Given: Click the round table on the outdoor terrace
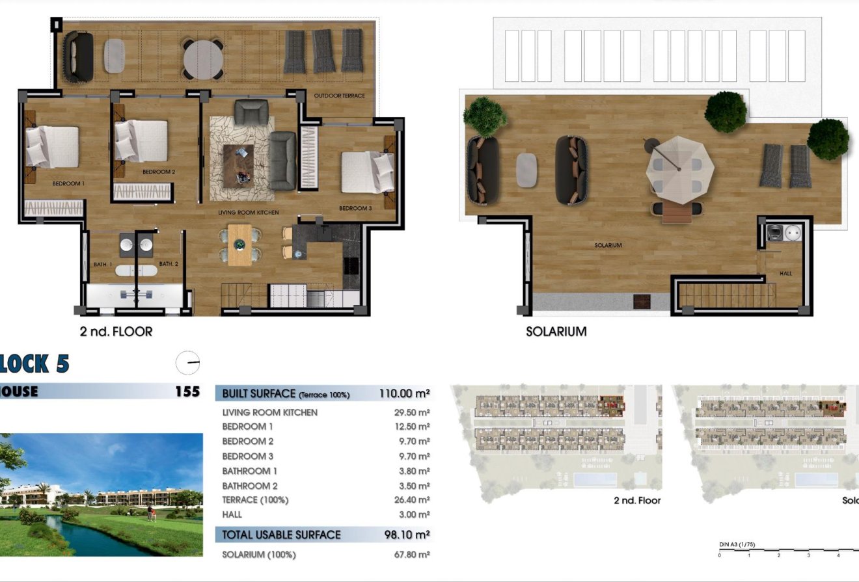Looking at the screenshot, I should [203, 60].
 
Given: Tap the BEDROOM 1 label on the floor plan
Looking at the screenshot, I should [69, 184].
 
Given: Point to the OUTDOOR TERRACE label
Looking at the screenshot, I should [339, 96].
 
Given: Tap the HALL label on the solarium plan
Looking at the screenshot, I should [785, 274].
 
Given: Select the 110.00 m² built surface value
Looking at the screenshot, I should [404, 393].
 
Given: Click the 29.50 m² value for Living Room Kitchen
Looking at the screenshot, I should [415, 412].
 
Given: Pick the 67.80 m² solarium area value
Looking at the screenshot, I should [415, 555].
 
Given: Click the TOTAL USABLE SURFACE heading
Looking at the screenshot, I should [281, 535].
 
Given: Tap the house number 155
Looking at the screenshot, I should [187, 391].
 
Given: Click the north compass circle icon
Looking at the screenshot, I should [188, 362].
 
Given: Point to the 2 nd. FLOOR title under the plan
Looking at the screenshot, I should [116, 332].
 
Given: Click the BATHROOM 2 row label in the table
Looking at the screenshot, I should [250, 486].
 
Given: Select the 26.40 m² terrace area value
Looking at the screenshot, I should [415, 500].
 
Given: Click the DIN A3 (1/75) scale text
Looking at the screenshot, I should [737, 544].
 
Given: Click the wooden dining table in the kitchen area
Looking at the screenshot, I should [239, 245].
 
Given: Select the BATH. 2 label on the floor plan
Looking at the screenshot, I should [169, 264].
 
